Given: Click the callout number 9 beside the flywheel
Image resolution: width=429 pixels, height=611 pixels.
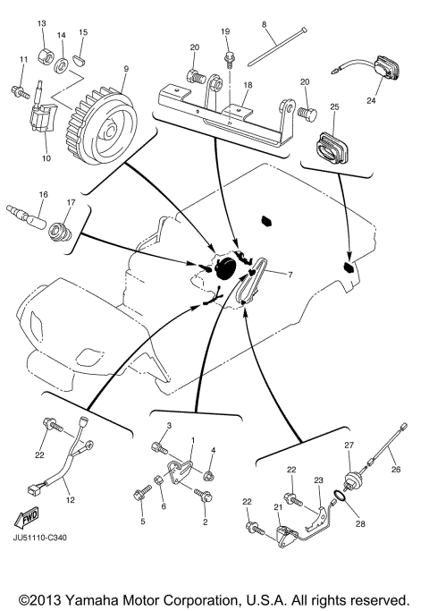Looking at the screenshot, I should pos(126,69).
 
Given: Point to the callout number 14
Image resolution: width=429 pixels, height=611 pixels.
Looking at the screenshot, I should pos(62,36).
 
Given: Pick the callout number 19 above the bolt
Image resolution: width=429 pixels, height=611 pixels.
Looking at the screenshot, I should pos(226,31).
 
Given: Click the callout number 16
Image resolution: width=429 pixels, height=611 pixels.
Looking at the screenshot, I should pos(42,193).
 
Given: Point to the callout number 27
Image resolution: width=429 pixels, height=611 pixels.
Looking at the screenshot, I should pos(349,445).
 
